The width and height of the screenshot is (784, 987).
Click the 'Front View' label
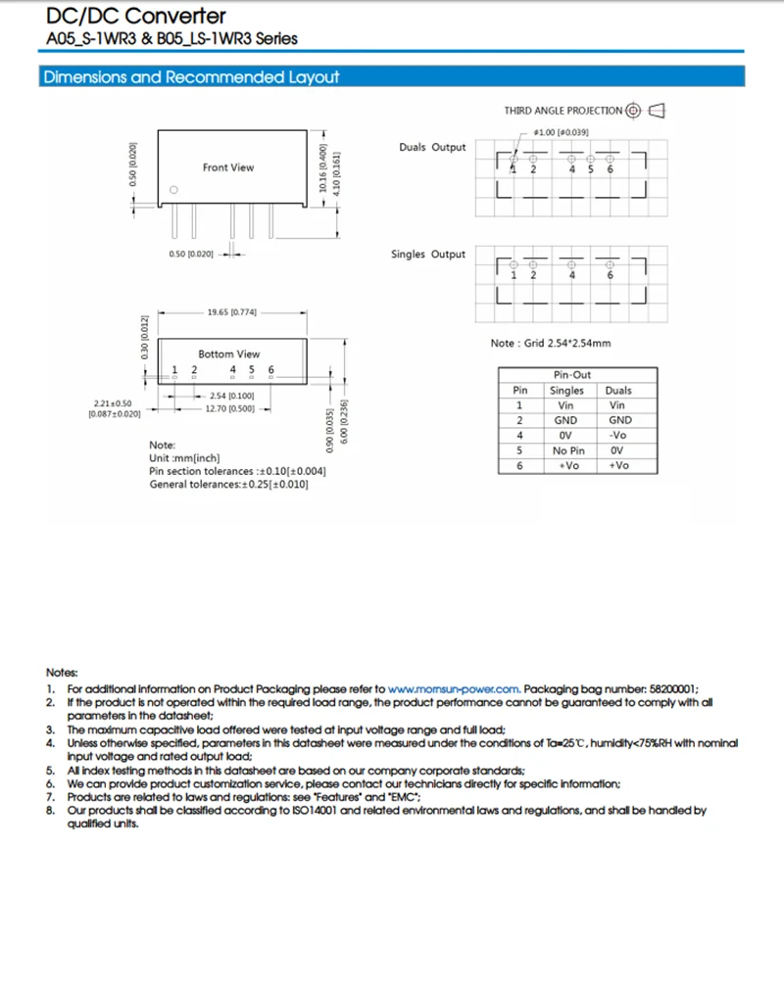(x=227, y=167)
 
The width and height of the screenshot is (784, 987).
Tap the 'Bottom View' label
(x=229, y=353)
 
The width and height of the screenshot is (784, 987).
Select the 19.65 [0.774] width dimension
(x=231, y=312)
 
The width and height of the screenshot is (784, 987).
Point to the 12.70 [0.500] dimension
(x=229, y=408)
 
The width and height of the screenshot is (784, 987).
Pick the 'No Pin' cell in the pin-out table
(x=566, y=450)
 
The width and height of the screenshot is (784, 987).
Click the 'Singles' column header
(x=566, y=390)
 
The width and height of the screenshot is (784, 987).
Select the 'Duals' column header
(x=618, y=390)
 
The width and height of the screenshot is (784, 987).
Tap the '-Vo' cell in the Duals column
(x=618, y=435)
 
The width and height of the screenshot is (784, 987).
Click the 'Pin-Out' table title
(x=572, y=374)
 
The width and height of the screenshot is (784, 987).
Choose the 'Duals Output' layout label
(x=432, y=147)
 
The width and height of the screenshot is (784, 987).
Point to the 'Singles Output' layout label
(x=428, y=255)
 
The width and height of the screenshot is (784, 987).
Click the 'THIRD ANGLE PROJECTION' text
(x=563, y=111)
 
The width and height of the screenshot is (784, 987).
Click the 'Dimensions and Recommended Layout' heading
(x=190, y=77)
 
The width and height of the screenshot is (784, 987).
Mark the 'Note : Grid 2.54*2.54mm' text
(x=551, y=344)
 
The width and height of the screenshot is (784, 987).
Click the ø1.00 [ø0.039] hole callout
(x=561, y=132)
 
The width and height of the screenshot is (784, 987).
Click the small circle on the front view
(x=174, y=190)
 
